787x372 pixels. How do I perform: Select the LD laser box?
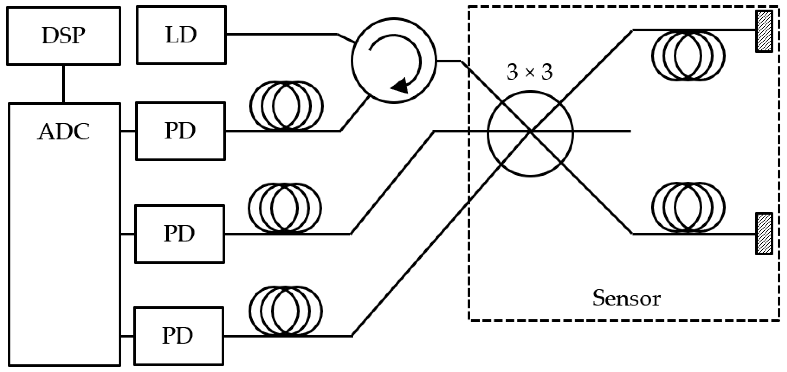181,35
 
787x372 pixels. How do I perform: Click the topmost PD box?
180,131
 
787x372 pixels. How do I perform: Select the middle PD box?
180,234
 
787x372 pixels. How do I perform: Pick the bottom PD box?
179,336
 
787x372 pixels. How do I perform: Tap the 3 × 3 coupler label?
529,72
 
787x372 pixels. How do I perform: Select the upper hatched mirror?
764,31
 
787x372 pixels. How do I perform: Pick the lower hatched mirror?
764,234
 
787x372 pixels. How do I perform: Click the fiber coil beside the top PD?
286,105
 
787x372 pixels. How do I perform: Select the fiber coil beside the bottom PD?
286,311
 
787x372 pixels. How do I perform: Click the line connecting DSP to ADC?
63,84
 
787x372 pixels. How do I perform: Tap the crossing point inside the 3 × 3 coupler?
531,131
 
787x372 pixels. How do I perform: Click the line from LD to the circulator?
281,34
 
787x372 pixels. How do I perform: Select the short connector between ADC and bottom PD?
127,336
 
